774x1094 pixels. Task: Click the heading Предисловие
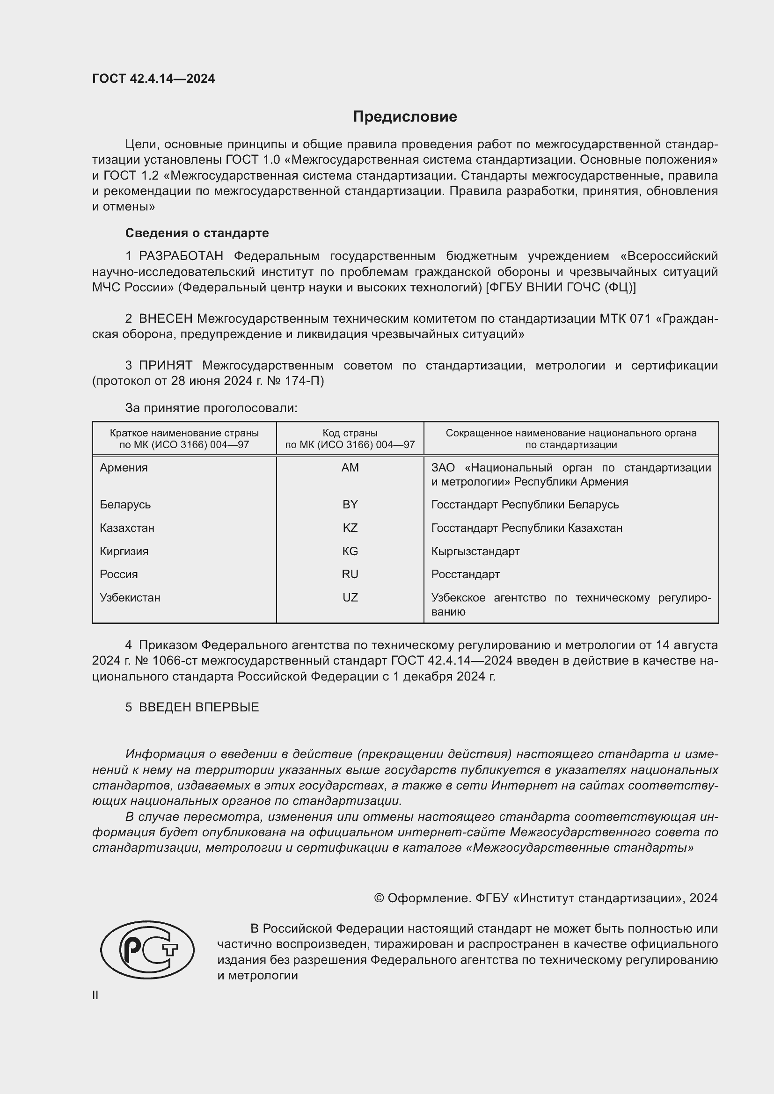[x=405, y=117]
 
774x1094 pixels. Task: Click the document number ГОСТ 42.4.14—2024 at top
[x=153, y=79]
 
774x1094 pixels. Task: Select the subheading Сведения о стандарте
[x=197, y=233]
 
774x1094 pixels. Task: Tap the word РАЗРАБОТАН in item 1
[x=181, y=256]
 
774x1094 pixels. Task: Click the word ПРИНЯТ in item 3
[x=165, y=365]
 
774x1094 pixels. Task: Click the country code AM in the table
[x=350, y=468]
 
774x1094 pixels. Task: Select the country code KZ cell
[x=350, y=528]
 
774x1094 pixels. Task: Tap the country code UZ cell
[x=350, y=597]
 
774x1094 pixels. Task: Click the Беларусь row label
[x=125, y=505]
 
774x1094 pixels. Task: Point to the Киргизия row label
[x=124, y=551]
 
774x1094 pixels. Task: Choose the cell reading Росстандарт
[x=465, y=574]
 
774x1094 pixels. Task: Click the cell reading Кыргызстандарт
[x=475, y=551]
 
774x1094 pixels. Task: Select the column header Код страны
[x=350, y=433]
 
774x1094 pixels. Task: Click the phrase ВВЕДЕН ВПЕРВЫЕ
[x=199, y=707]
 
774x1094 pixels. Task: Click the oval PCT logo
[x=147, y=949]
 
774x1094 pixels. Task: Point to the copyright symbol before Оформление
[x=379, y=898]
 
